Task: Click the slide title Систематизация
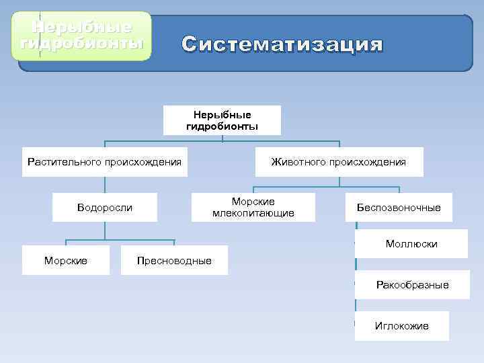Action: (x=282, y=45)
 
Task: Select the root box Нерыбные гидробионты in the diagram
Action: (x=222, y=120)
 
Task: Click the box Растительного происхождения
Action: (x=104, y=161)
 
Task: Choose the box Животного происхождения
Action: (x=338, y=161)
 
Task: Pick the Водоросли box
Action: (x=105, y=207)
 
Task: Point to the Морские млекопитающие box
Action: (x=253, y=207)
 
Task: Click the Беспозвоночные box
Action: (x=399, y=207)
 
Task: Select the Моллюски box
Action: (x=411, y=243)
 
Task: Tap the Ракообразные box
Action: (x=411, y=285)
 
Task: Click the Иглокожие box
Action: (x=401, y=326)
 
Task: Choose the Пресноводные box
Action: (x=174, y=260)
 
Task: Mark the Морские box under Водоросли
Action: (x=65, y=260)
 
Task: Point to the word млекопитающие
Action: (x=253, y=213)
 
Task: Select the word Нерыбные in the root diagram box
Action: (x=222, y=115)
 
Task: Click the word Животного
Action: (x=298, y=161)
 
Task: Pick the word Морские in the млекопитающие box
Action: (x=253, y=202)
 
